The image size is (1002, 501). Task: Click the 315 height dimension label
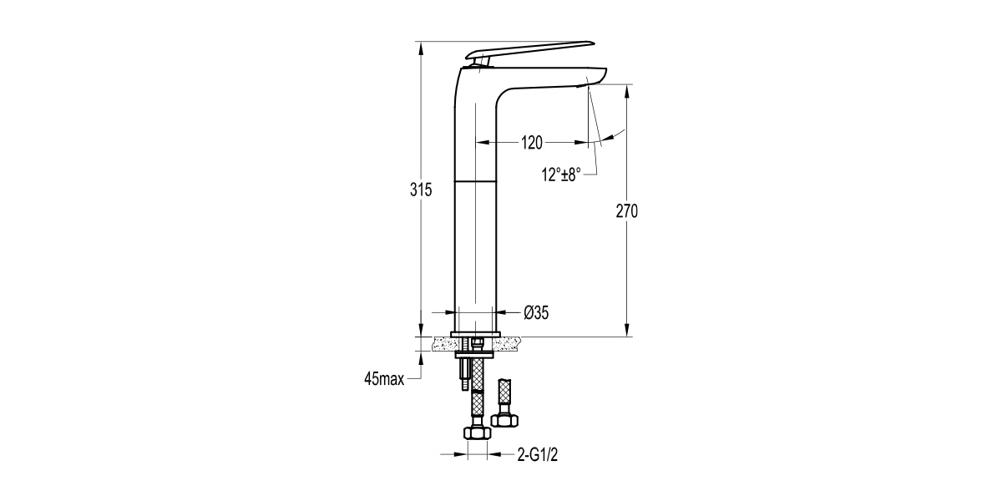(x=421, y=190)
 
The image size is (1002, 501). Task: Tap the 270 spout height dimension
(x=627, y=211)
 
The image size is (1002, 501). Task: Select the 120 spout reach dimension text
(x=532, y=143)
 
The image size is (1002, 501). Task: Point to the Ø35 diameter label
(x=536, y=312)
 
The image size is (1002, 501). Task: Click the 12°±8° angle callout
(x=561, y=175)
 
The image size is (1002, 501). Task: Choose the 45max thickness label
(x=384, y=379)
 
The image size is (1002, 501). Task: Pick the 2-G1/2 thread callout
(x=538, y=455)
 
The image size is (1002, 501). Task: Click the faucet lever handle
(x=530, y=51)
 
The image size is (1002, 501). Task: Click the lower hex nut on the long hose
(x=478, y=433)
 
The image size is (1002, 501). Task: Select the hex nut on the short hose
(x=504, y=421)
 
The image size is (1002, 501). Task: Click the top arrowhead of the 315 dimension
(x=421, y=48)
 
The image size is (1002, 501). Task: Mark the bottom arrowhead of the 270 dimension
(x=627, y=330)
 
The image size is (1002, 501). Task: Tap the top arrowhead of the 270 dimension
(x=627, y=90)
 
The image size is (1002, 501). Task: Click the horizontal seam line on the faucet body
(x=475, y=181)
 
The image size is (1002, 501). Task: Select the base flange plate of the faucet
(x=475, y=334)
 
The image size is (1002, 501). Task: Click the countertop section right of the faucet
(x=508, y=343)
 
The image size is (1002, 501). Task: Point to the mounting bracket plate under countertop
(x=474, y=355)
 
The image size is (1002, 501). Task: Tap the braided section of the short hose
(x=504, y=392)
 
